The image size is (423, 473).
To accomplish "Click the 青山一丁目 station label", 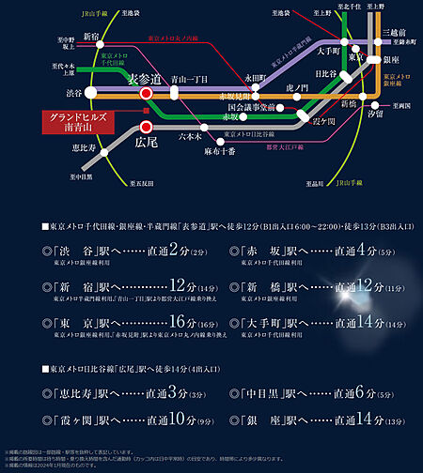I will [x=190, y=82].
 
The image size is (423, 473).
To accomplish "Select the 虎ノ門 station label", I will [x=297, y=86].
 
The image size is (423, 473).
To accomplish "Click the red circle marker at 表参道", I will [x=146, y=94].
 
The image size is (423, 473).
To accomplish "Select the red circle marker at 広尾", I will [x=146, y=126].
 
